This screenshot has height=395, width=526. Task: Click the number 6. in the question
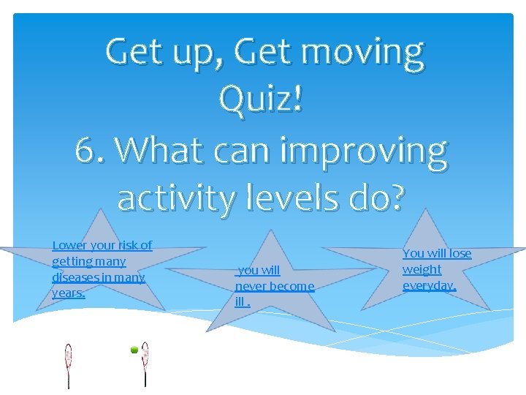[x=91, y=151]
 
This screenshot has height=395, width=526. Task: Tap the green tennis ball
[x=134, y=350]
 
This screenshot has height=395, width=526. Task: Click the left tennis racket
[x=69, y=358]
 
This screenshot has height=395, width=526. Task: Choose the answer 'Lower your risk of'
[x=102, y=245]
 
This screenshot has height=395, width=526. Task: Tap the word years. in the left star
[x=68, y=293]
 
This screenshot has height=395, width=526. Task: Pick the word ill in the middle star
[x=240, y=301]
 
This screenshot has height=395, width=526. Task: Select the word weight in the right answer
[x=422, y=269]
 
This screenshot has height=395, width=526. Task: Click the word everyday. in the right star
[x=429, y=285]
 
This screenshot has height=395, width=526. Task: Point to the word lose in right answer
[x=460, y=253]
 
